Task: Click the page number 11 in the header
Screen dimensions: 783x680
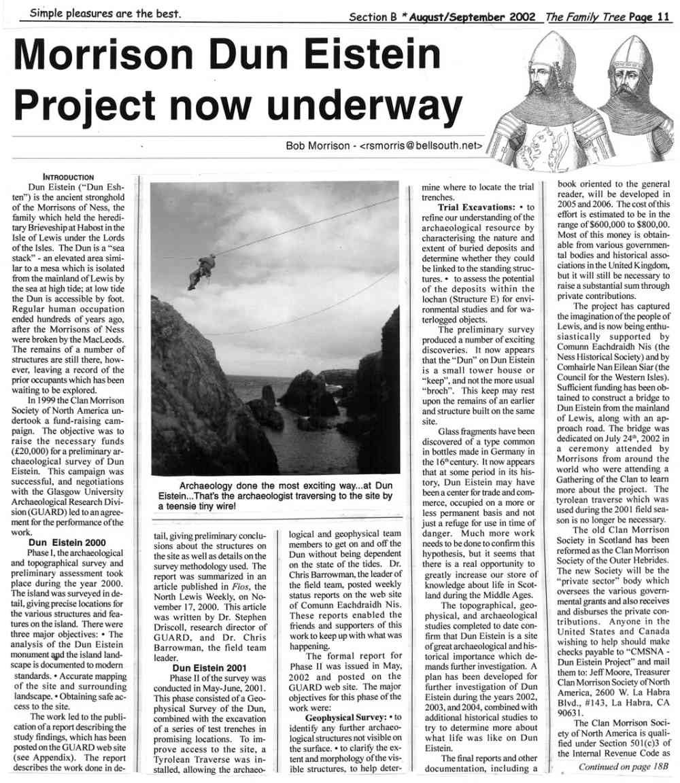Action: coord(664,16)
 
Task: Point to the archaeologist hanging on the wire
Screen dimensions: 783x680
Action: coord(202,269)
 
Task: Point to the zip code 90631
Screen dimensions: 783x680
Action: coord(571,712)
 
